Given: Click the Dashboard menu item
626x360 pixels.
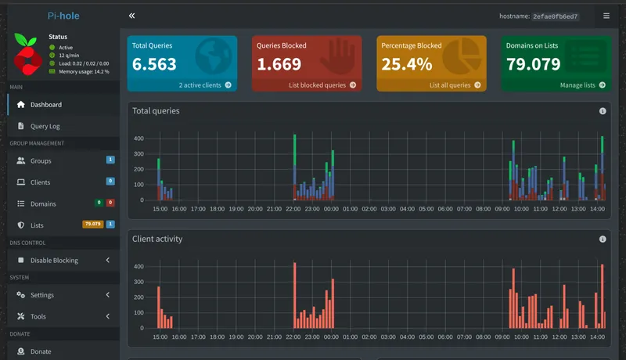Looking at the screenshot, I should (45, 104).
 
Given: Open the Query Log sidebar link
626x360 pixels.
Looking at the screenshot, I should (45, 126).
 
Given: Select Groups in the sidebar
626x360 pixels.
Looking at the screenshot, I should (41, 160).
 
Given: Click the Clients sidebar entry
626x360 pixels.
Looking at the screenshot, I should (40, 182).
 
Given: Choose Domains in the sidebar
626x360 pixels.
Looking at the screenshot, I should (43, 203).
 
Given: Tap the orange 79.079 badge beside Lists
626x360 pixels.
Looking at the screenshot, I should (92, 225).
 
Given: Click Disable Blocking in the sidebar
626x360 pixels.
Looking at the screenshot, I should (54, 260).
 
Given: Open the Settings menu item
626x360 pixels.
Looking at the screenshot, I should (42, 295).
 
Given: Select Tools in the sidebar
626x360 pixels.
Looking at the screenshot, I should (38, 317).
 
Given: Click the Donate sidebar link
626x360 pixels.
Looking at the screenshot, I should (40, 351).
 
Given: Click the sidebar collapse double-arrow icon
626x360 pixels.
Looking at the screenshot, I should (131, 16).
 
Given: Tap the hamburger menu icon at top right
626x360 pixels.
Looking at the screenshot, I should (606, 16).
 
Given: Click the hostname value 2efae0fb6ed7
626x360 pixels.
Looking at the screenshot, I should (555, 16).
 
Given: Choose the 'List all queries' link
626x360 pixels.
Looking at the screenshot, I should (450, 85).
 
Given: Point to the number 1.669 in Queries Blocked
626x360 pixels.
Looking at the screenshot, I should (279, 64).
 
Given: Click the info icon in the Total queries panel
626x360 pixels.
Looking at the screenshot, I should (603, 111).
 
